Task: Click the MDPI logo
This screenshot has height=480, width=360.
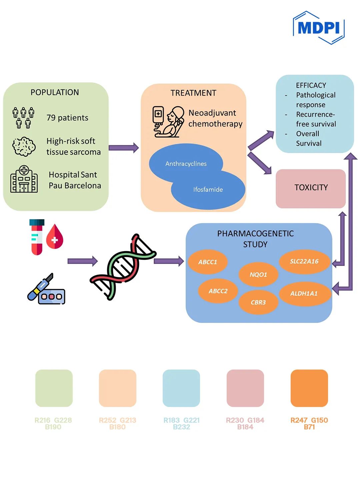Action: pos(318,28)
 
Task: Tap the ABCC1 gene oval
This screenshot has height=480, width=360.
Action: pos(208,262)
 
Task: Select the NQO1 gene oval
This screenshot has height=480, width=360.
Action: pos(258,275)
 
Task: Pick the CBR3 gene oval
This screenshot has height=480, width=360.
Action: pos(258,302)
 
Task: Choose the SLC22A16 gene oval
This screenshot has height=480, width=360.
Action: pos(304,261)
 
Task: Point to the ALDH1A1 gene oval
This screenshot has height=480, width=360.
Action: pos(304,294)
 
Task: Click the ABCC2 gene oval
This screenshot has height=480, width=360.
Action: pos(218,291)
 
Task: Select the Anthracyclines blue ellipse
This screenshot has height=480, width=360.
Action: pos(186,163)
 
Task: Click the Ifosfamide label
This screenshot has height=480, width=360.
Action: pos(208,189)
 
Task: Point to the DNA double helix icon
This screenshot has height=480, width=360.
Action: pos(123,267)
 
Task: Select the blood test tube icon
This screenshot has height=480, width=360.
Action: pos(37,237)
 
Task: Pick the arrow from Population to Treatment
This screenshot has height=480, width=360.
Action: pos(124,147)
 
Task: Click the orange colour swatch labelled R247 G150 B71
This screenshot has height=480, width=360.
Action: pos(309,388)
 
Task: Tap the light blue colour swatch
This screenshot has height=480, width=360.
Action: pos(181,388)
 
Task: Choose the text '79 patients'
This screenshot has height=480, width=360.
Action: pos(67,118)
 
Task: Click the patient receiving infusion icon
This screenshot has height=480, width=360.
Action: pos(169,122)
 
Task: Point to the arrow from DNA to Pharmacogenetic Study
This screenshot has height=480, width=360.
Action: pos(169,261)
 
